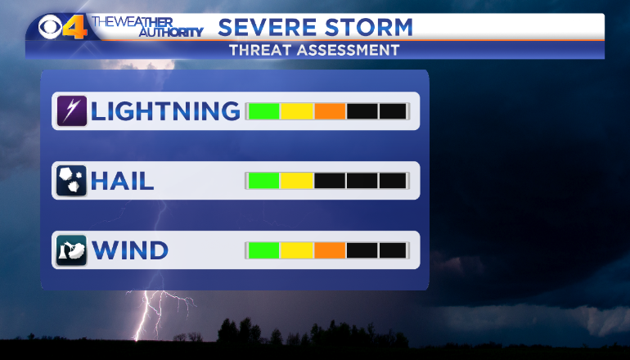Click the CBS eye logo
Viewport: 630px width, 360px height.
pos(51,27)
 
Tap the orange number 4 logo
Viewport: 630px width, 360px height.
pos(75,27)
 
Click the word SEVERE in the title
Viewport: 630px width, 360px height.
pos(268,27)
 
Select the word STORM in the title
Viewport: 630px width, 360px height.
pos(369,27)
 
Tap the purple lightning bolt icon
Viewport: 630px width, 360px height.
pos(71,111)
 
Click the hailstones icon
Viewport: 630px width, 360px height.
pos(71,180)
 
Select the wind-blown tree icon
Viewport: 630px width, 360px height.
pos(71,250)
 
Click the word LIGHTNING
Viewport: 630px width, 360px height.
pos(165,111)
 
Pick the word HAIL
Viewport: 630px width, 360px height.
pos(123,181)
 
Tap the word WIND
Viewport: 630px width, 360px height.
pos(130,250)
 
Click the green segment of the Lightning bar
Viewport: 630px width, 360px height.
pos(264,111)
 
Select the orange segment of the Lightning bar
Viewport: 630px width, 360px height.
pos(330,111)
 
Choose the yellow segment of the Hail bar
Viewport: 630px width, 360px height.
pos(297,181)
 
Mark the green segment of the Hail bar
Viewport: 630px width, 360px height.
pos(264,181)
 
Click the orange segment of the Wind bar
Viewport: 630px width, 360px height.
pos(330,250)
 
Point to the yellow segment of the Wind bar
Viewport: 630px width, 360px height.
pos(297,250)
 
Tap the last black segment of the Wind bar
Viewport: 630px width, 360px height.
pos(393,250)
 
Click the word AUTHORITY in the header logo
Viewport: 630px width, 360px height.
pos(171,32)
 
